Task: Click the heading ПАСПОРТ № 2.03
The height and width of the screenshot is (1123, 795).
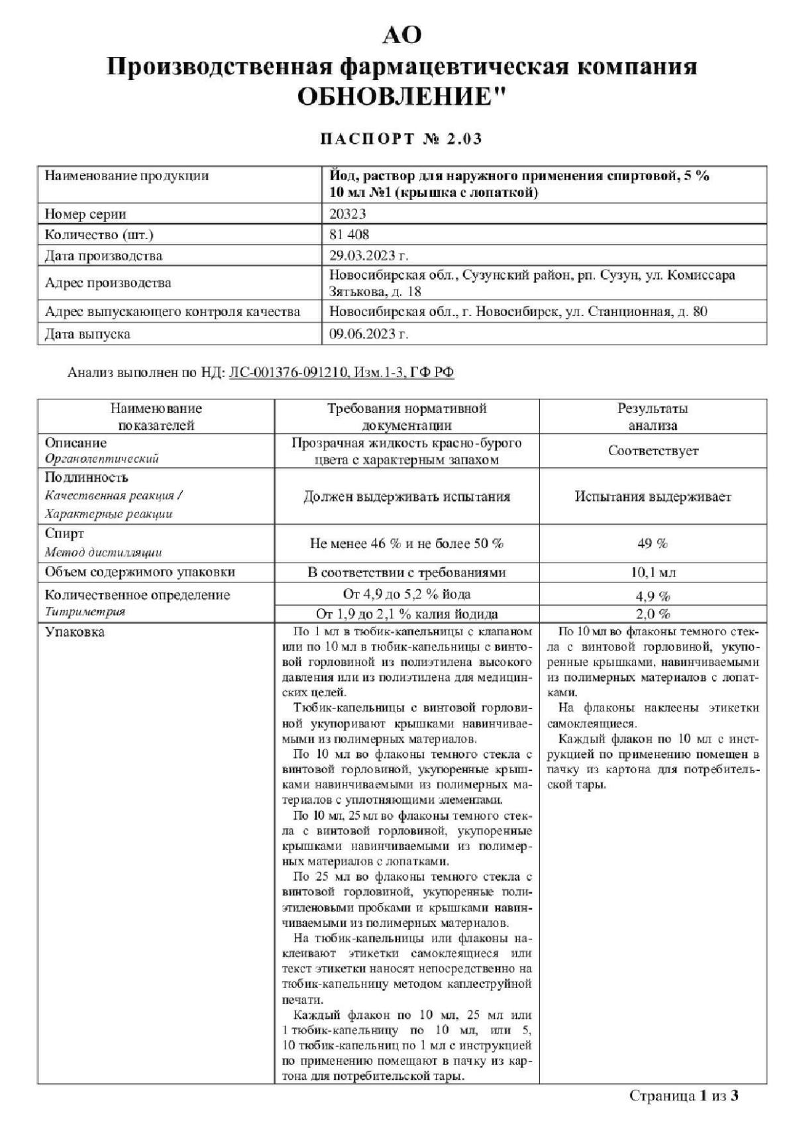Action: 401,139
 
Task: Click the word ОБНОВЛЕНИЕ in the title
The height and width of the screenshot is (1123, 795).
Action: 395,97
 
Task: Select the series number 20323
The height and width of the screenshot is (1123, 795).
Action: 348,213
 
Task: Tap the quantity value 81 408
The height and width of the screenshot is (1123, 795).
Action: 349,235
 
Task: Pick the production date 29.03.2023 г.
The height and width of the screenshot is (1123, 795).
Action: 369,256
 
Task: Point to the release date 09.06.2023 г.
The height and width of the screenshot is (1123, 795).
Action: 369,334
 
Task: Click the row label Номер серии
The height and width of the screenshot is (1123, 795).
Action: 85,213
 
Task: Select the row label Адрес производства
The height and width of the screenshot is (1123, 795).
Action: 108,283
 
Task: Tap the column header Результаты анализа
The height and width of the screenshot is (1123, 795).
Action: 653,416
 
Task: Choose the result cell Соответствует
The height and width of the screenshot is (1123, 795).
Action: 653,451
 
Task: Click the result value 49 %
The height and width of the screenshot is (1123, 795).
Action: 653,543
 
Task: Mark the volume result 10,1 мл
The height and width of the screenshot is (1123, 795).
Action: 653,572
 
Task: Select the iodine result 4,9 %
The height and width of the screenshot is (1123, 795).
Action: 653,595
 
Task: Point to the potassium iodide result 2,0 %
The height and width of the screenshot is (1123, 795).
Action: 653,614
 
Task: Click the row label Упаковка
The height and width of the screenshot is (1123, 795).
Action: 74,632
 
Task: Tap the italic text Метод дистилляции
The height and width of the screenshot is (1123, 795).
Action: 103,552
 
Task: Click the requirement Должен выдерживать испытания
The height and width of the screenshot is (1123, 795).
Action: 407,496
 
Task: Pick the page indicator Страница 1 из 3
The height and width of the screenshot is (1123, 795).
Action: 684,1095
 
